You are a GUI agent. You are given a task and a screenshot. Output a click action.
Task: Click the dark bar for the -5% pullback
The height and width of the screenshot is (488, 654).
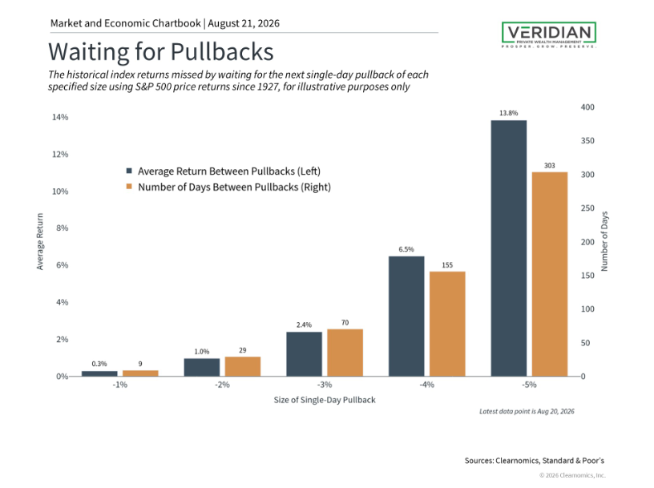point(508,248)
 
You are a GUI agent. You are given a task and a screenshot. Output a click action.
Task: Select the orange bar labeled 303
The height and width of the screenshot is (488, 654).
point(550,274)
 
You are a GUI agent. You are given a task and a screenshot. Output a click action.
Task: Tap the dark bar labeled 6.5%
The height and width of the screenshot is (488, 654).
point(406,317)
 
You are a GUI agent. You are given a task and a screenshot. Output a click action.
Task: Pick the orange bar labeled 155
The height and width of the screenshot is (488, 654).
point(447,324)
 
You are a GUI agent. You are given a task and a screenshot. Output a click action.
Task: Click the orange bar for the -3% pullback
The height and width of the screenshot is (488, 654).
point(345,353)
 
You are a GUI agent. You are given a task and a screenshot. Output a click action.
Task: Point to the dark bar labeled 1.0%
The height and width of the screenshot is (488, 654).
point(201,367)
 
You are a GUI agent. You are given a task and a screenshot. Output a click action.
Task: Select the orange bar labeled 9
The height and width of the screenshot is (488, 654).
point(140,373)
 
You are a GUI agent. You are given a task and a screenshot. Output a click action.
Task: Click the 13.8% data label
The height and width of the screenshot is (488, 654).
point(508,113)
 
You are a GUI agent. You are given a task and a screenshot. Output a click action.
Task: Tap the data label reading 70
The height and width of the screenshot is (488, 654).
point(345,322)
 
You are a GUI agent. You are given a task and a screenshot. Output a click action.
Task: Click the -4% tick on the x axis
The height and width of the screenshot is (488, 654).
point(426,385)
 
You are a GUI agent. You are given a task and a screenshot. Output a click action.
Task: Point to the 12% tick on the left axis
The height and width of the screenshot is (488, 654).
point(60,155)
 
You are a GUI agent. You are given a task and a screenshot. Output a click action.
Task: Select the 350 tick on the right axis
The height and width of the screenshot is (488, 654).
point(587,140)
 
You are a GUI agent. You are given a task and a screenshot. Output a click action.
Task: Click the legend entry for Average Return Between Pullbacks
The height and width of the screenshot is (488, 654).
point(224,171)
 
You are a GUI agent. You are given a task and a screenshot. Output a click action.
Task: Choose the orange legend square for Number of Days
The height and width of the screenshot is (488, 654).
point(129,187)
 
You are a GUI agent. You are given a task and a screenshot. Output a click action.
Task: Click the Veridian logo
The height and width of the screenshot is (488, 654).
point(549,34)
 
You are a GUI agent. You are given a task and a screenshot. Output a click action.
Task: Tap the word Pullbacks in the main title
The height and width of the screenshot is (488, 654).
point(222,52)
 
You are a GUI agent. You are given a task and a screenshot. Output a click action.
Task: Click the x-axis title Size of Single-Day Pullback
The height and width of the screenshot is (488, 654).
point(325,400)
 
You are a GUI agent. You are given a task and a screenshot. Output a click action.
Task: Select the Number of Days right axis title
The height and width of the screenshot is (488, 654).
point(604,241)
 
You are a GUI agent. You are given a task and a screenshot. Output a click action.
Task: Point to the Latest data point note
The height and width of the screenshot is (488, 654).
point(527,411)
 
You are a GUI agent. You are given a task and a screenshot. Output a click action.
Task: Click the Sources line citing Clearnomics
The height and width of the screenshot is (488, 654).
point(535,461)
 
